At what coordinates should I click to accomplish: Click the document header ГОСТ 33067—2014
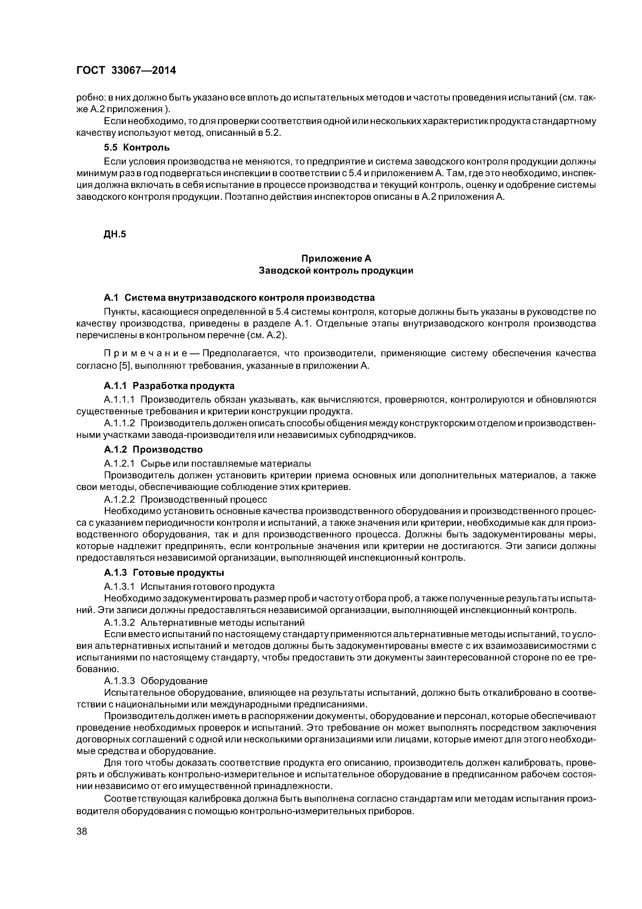point(126,70)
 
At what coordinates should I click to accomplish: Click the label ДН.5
point(114,235)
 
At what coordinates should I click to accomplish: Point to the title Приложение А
point(336,259)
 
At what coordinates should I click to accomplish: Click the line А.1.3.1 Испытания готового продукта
point(189,586)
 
